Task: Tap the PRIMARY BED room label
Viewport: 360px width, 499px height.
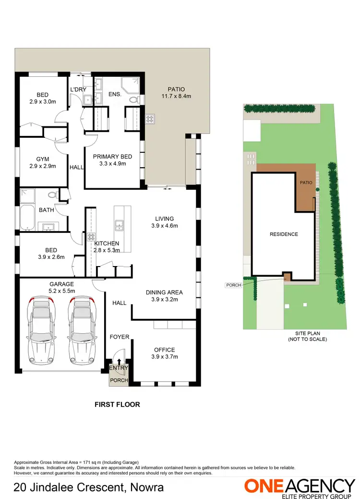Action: pyautogui.click(x=112, y=157)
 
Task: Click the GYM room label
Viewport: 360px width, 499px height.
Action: pyautogui.click(x=43, y=159)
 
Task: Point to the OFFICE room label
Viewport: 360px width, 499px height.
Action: pyautogui.click(x=165, y=350)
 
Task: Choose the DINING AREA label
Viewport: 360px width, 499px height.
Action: pyautogui.click(x=165, y=292)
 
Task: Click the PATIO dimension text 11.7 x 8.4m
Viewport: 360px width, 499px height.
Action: pyautogui.click(x=176, y=96)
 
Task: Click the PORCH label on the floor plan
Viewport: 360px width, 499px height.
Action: pyautogui.click(x=119, y=380)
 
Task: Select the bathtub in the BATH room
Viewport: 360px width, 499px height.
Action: pyautogui.click(x=26, y=219)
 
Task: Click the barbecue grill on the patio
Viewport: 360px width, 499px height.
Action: pyautogui.click(x=150, y=118)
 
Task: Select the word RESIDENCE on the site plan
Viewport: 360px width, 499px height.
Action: pyautogui.click(x=284, y=234)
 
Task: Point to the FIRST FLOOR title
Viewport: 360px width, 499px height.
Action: pyautogui.click(x=117, y=404)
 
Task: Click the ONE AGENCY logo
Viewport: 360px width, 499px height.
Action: pyautogui.click(x=300, y=486)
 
